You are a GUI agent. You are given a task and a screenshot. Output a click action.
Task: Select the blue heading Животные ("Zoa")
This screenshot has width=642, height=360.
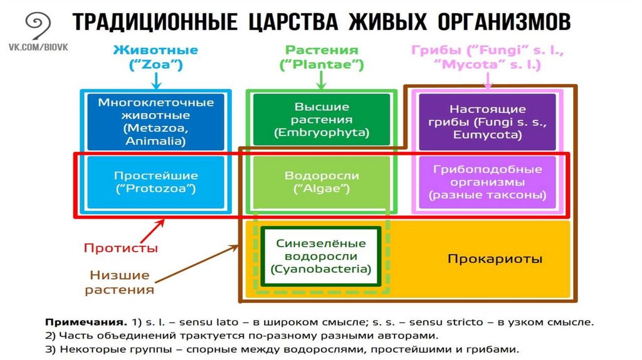(156, 56)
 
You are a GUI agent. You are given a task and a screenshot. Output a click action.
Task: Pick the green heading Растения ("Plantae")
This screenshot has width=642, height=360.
(322, 56)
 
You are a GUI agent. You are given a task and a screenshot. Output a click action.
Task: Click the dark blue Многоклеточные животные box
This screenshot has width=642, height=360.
(156, 122)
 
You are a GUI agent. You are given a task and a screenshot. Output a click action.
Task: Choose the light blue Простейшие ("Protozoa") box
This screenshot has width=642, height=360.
(156, 182)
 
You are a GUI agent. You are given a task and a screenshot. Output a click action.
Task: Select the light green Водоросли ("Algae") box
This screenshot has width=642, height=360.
(322, 182)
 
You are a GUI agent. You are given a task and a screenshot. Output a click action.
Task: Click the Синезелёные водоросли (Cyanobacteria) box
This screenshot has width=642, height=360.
(321, 256)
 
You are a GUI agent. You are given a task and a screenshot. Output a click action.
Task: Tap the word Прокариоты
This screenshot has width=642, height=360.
(495, 259)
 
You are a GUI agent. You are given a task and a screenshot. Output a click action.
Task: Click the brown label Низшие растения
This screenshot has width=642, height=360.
(119, 282)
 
